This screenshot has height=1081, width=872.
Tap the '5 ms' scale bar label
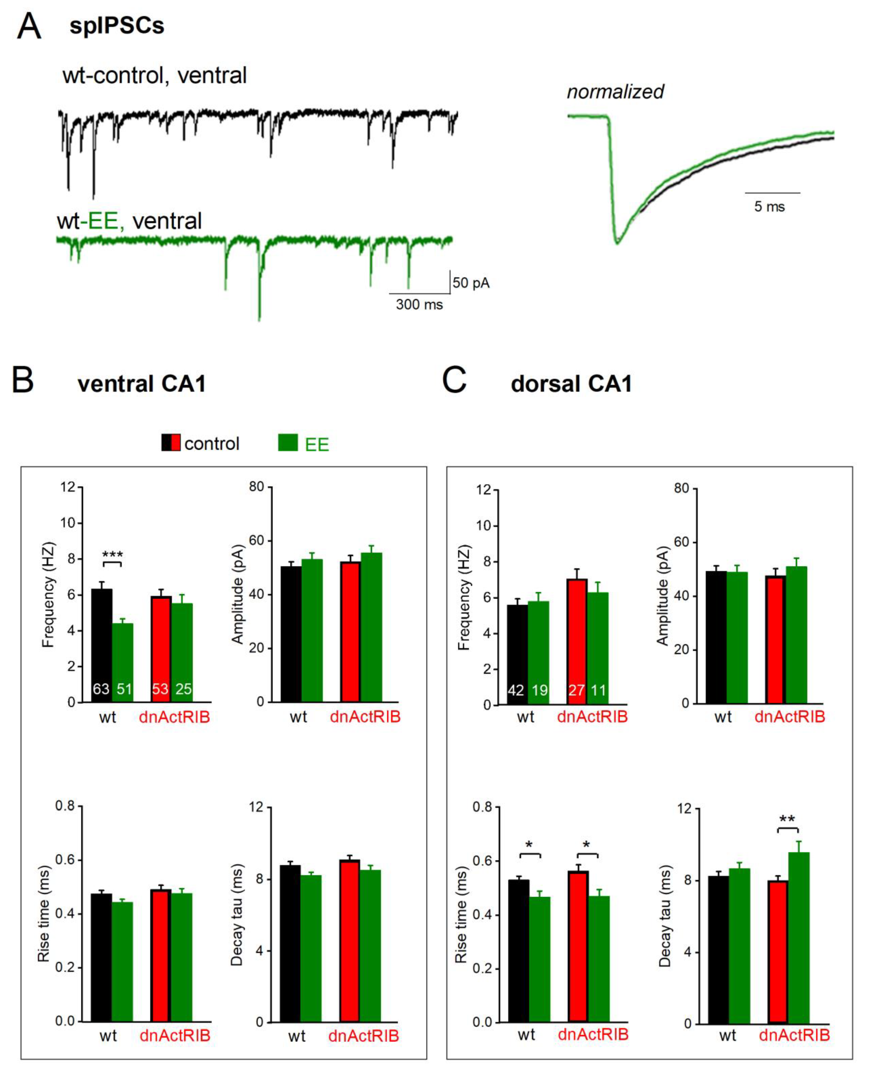tap(769, 207)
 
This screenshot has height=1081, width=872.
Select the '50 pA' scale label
tap(471, 283)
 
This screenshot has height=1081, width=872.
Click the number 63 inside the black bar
tap(101, 689)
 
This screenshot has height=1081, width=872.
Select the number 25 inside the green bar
tap(183, 689)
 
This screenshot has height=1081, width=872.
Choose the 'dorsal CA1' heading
tap(571, 384)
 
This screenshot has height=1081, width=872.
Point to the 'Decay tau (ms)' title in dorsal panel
tap(665, 916)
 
